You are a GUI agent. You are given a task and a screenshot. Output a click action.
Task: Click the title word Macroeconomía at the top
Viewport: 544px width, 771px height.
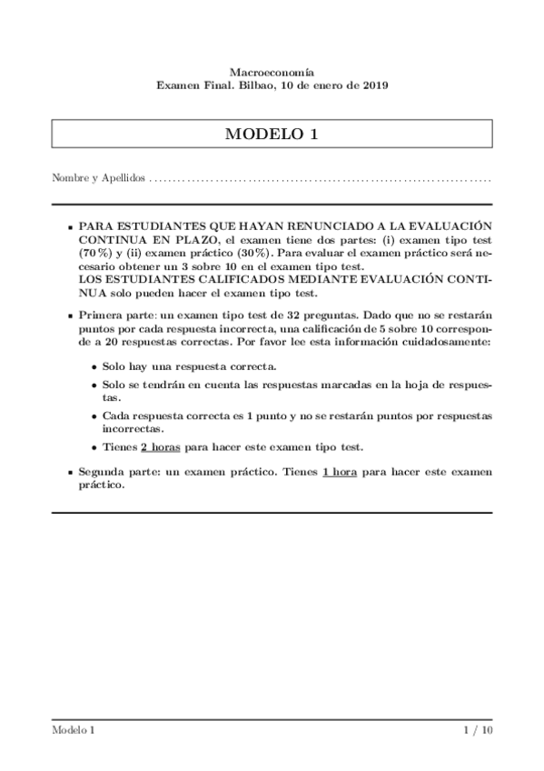(x=272, y=70)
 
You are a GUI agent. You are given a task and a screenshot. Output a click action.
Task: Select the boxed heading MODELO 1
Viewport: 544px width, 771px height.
(x=272, y=134)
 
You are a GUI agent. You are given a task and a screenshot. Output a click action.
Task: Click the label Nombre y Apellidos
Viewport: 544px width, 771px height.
(x=98, y=179)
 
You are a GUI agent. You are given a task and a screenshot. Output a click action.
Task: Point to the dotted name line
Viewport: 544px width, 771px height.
(x=318, y=180)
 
